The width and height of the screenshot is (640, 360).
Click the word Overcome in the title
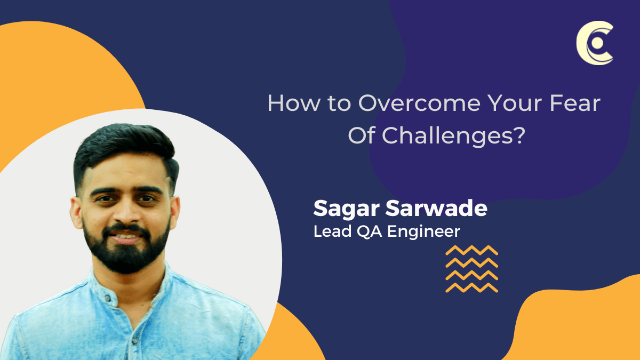[419, 103]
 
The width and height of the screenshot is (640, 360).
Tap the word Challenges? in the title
[454, 135]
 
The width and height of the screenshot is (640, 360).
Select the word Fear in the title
[575, 103]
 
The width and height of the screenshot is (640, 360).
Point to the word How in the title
[294, 103]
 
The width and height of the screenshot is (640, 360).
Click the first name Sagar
[347, 209]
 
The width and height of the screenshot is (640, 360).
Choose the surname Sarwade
[436, 208]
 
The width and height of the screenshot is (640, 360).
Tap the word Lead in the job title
[333, 231]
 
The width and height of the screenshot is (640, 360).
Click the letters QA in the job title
[370, 231]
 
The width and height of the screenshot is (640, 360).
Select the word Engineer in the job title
[423, 232]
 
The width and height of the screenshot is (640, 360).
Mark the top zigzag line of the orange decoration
[471, 250]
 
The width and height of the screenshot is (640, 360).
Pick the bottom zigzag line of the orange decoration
[471, 287]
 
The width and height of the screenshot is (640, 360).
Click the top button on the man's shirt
[108, 298]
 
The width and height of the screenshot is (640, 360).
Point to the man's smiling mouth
[126, 237]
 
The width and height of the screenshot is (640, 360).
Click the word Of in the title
[362, 135]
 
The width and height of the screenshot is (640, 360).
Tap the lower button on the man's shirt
[134, 341]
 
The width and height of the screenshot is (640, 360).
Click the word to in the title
[339, 104]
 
